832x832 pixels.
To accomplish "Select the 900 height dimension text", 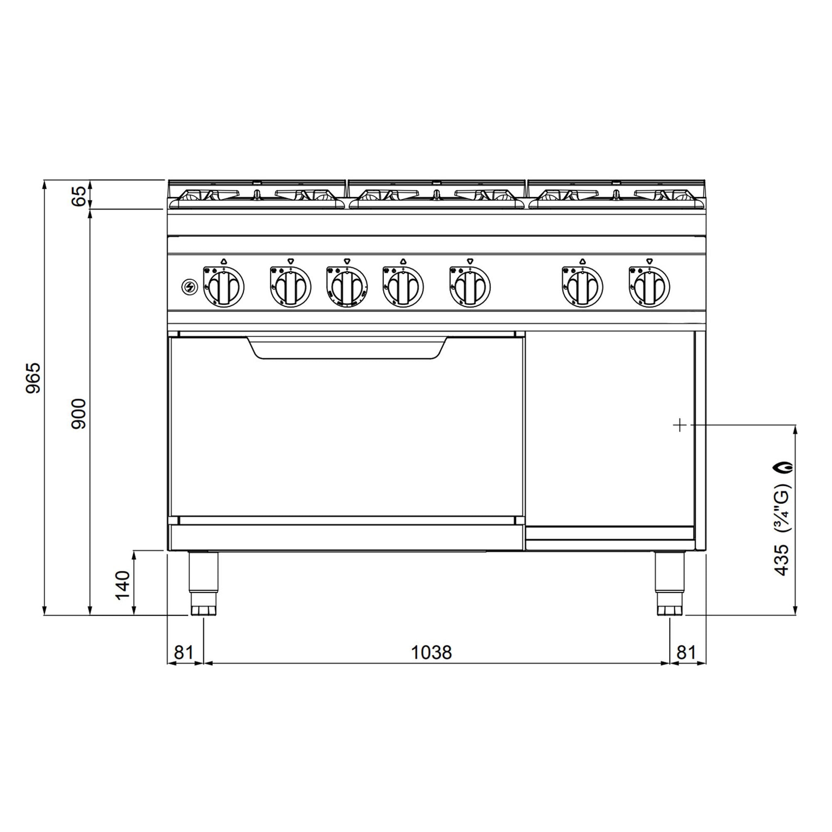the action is (x=79, y=414).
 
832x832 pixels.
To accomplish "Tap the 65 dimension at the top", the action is (x=79, y=196).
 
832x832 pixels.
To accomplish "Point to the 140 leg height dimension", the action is (x=123, y=584).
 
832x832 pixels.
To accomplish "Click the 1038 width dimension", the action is (x=431, y=652).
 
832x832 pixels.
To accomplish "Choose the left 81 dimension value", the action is (x=184, y=652).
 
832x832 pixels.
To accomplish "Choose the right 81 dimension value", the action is (x=686, y=652).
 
